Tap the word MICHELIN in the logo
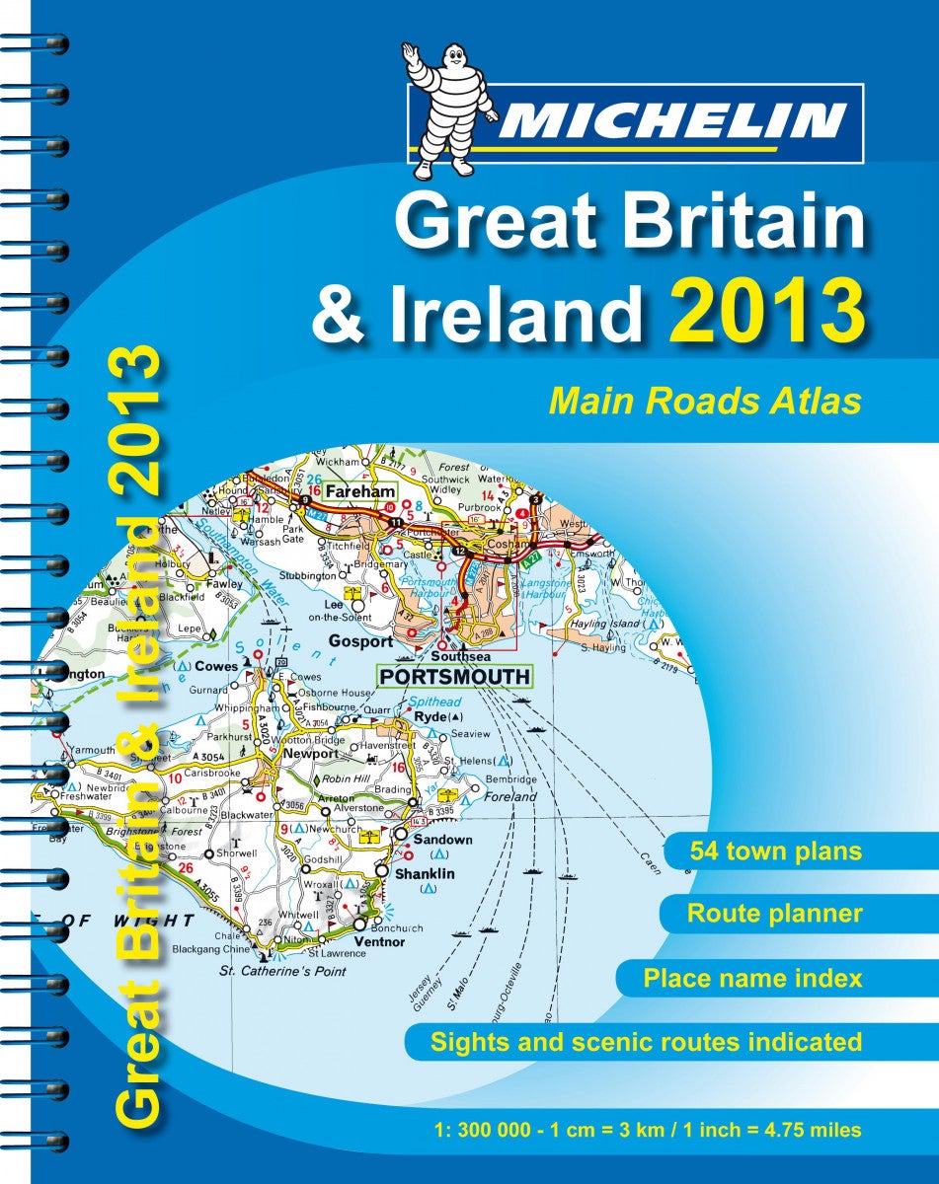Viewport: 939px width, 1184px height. coord(671,122)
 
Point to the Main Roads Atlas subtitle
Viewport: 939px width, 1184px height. coord(705,403)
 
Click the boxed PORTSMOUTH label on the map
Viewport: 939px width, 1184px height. coord(454,678)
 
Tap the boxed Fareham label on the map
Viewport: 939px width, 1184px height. coord(367,490)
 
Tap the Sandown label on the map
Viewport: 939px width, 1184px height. coord(442,840)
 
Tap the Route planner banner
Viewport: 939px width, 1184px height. coord(774,914)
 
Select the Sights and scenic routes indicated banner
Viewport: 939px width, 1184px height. coord(646,1041)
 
